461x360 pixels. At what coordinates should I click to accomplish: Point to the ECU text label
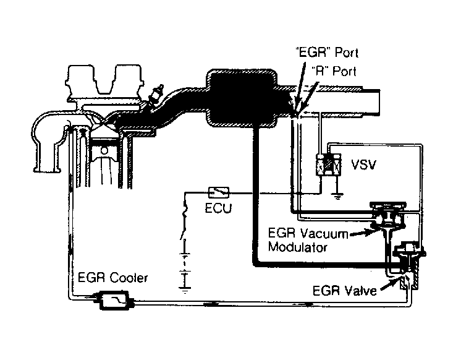pyautogui.click(x=218, y=208)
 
